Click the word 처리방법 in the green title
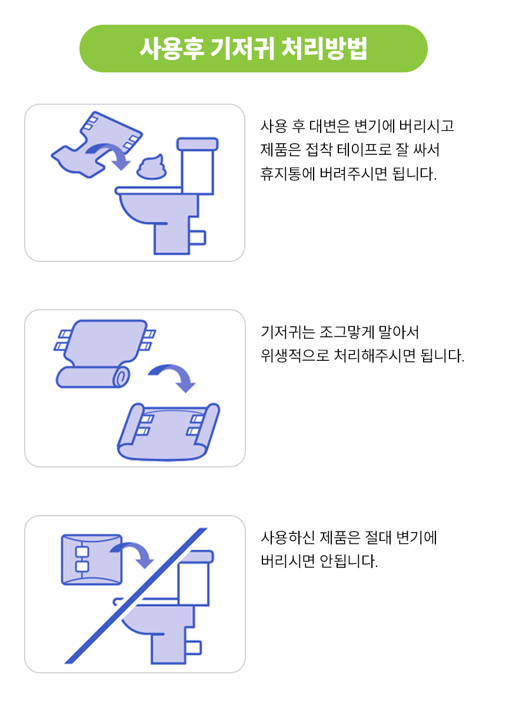pyautogui.click(x=324, y=48)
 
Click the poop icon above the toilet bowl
pyautogui.click(x=151, y=167)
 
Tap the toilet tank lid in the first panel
pyautogui.click(x=198, y=144)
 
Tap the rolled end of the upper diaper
pyautogui.click(x=121, y=377)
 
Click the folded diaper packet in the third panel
pyautogui.click(x=92, y=559)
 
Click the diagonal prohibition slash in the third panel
pyautogui.click(x=136, y=596)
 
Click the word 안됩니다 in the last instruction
pyautogui.click(x=348, y=561)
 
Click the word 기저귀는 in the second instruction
pyautogui.click(x=288, y=332)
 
